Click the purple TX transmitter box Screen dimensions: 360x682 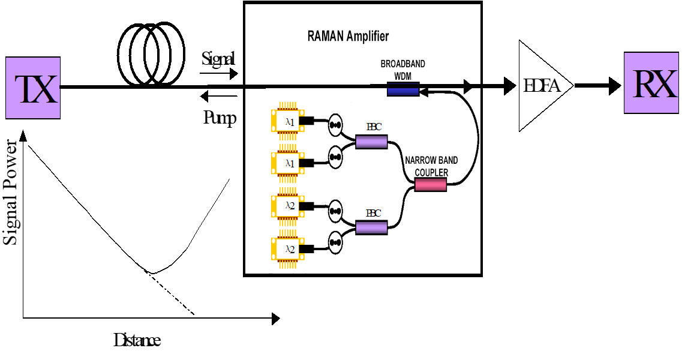(x=32, y=88)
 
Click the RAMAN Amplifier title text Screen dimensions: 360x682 (x=348, y=36)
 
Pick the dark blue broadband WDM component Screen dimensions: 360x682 (x=402, y=90)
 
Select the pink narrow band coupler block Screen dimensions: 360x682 (x=431, y=185)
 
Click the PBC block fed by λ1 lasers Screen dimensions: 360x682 (x=372, y=142)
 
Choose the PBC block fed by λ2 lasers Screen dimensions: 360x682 (x=372, y=227)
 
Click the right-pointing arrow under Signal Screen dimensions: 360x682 (x=218, y=73)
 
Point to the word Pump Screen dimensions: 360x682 (x=220, y=118)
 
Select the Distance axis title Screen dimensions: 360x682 (x=137, y=341)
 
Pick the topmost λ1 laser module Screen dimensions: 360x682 (x=288, y=121)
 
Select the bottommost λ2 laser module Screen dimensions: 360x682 (x=288, y=248)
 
